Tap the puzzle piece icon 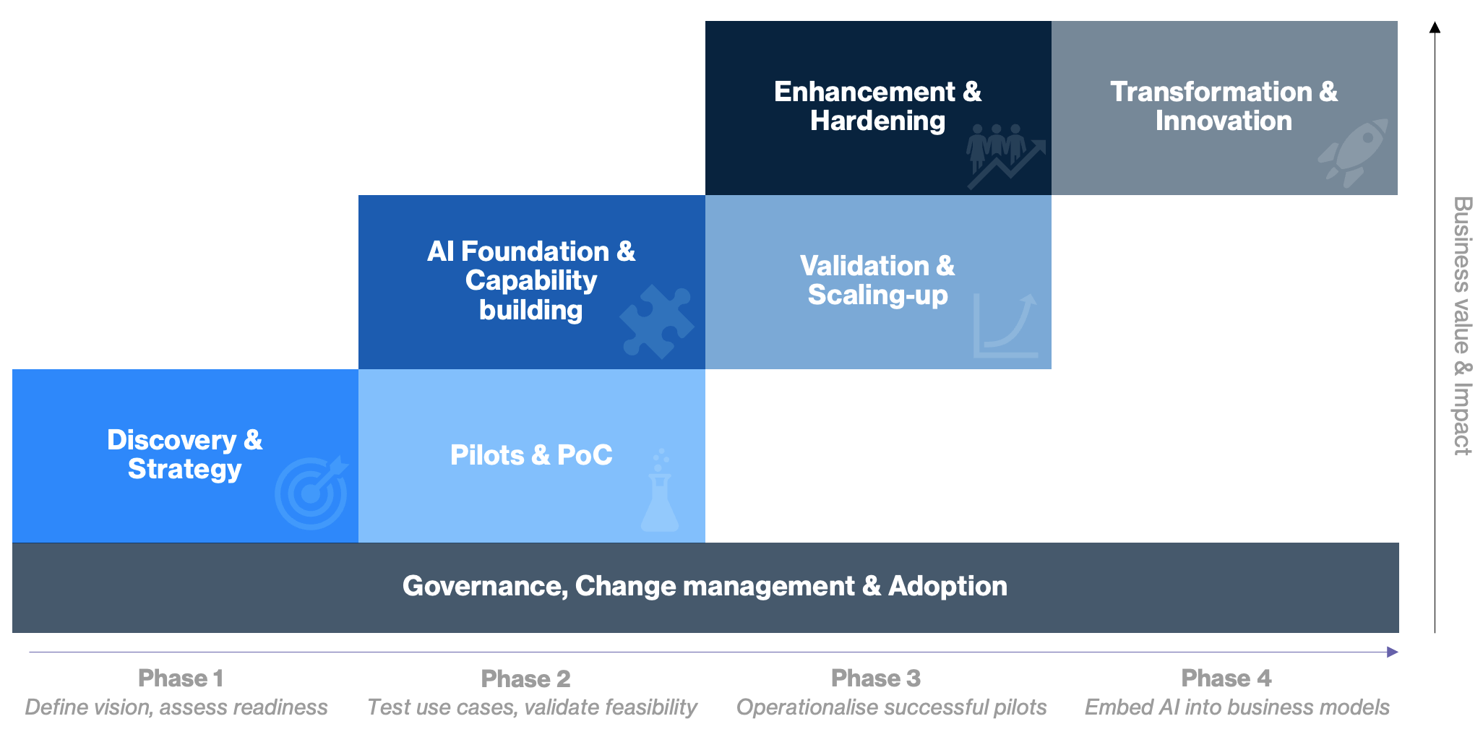pyautogui.click(x=656, y=322)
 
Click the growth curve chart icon pyautogui.click(x=1005, y=326)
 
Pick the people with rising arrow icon pyautogui.click(x=1005, y=156)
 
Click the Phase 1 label pyautogui.click(x=180, y=678)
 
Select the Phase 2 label pyautogui.click(x=525, y=679)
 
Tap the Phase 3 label pyautogui.click(x=875, y=678)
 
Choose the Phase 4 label pyautogui.click(x=1226, y=678)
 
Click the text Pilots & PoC pyautogui.click(x=531, y=455)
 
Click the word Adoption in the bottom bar pyautogui.click(x=947, y=586)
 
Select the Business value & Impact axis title pyautogui.click(x=1462, y=325)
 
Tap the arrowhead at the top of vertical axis pyautogui.click(x=1435, y=27)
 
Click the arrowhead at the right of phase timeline pyautogui.click(x=1392, y=652)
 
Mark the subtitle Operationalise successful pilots pyautogui.click(x=891, y=707)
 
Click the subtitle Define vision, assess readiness pyautogui.click(x=176, y=707)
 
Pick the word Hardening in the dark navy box pyautogui.click(x=877, y=121)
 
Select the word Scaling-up pyautogui.click(x=877, y=295)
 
